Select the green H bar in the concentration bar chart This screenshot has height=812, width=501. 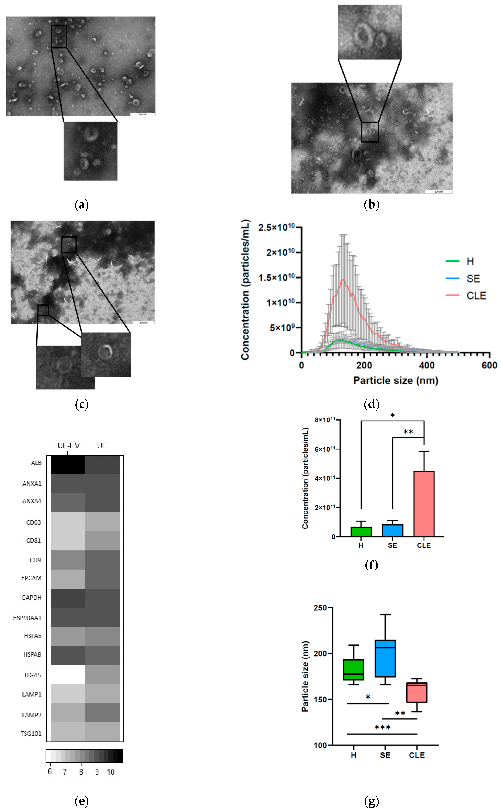click(x=361, y=531)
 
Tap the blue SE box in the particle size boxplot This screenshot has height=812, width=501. click(x=385, y=658)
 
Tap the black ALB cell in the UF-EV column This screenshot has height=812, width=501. click(x=68, y=465)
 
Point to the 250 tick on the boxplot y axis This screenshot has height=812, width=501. click(x=320, y=608)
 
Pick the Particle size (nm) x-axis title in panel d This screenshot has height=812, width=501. click(x=396, y=380)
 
